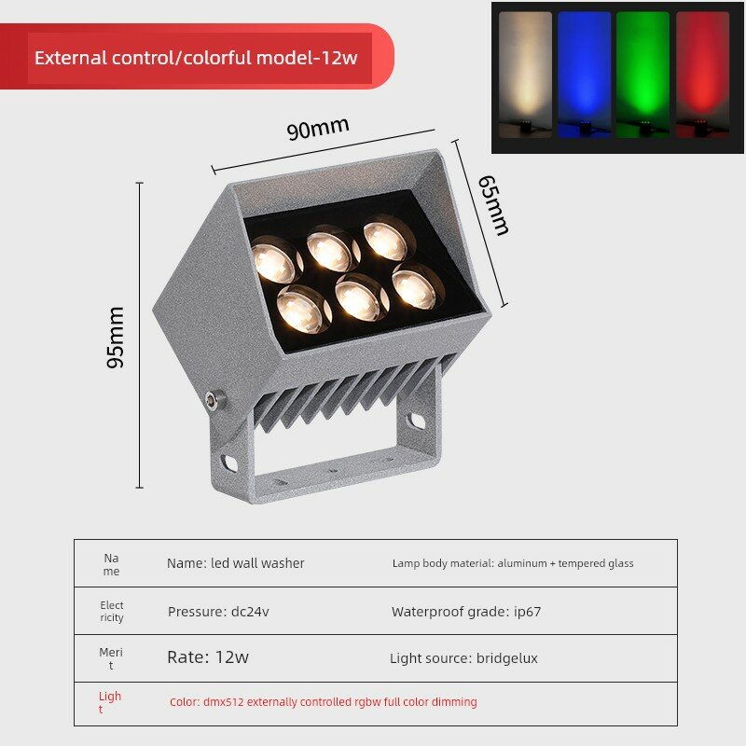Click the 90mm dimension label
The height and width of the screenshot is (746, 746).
coord(318,128)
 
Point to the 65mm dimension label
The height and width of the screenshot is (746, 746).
coord(494,205)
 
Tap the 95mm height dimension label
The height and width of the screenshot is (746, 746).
coord(115,338)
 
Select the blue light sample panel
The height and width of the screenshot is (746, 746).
coord(585,76)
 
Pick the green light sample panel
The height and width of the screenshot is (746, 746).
coord(642,76)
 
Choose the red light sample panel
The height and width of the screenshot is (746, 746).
coord(702,76)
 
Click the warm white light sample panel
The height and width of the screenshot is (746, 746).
coord(525,76)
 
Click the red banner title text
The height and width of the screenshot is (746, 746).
coord(196,58)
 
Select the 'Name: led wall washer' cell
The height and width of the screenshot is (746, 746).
coord(236,563)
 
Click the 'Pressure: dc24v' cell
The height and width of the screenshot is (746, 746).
coord(218,612)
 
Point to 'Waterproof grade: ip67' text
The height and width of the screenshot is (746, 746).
coord(466,612)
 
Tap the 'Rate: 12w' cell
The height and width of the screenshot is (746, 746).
coord(208,657)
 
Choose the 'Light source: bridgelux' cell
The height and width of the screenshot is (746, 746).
coord(463,658)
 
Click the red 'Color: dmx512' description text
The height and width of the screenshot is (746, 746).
coord(324,702)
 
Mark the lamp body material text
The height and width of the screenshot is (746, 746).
coord(513,563)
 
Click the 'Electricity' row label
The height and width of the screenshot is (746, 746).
coord(112,612)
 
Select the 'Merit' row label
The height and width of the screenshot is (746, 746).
coord(111,658)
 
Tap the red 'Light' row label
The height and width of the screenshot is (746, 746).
coord(110,702)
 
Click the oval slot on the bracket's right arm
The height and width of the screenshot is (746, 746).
coord(416,421)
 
